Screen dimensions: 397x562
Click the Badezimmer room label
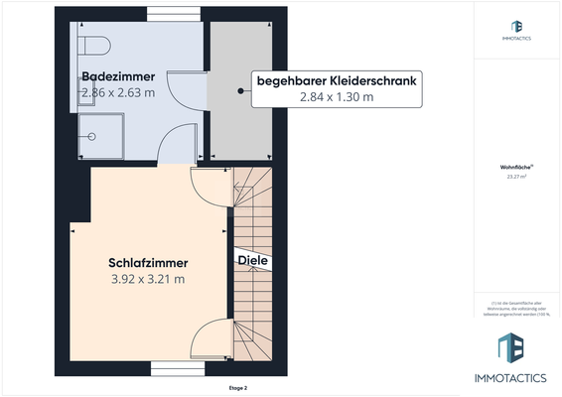pos(117,76)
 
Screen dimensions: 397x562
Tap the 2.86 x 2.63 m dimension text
pos(117,93)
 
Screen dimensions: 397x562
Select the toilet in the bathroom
pos(95,45)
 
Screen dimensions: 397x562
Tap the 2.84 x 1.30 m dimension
pos(336,96)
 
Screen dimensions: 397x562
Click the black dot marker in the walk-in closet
pos(240,91)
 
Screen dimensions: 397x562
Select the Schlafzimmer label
pos(148,263)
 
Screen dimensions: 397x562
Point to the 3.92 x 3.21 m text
pos(148,280)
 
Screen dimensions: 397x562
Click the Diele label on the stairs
pos(251,260)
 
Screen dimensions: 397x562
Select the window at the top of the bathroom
pos(175,14)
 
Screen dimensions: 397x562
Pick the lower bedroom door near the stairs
pos(211,339)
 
